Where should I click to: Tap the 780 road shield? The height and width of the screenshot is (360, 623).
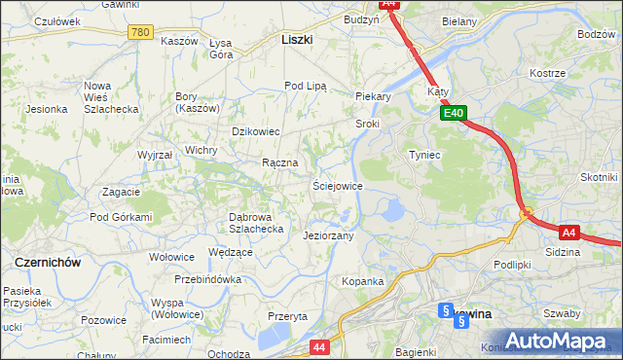click(x=140, y=32)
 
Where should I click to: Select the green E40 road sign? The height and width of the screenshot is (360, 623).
click(x=453, y=114)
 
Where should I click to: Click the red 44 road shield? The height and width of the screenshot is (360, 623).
click(x=319, y=345)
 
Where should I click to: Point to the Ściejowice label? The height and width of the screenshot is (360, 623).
click(x=337, y=186)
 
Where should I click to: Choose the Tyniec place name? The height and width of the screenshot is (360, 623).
click(x=425, y=155)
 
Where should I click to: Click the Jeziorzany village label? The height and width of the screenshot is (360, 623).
click(x=328, y=235)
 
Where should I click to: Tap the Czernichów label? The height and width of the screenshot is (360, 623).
click(x=47, y=263)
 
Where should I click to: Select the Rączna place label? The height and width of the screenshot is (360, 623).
click(x=279, y=162)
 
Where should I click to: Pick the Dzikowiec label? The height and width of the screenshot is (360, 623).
click(x=255, y=131)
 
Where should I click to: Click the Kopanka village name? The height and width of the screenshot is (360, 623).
click(x=362, y=281)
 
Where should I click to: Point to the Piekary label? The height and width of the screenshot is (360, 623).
click(x=373, y=96)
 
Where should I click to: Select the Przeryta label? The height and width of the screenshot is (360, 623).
click(x=287, y=316)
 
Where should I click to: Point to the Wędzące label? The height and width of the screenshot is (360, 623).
click(x=231, y=252)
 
